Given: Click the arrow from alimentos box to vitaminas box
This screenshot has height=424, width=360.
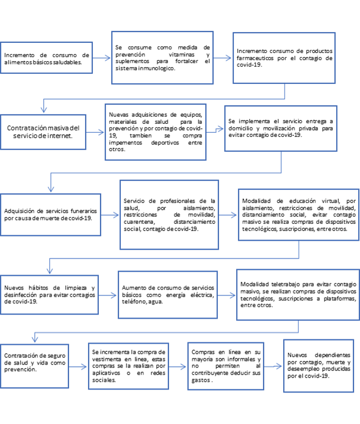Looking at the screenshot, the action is [102, 58].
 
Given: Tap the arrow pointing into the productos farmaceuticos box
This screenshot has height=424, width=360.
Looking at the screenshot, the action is [223, 58].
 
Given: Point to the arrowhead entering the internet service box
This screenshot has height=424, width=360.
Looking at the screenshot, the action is [44, 110].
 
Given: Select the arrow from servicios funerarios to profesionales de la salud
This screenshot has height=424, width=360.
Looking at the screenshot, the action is [110, 215].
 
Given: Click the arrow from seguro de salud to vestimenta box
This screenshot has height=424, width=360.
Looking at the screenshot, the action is [78, 367].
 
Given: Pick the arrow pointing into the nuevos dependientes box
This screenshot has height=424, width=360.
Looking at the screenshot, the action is [273, 366].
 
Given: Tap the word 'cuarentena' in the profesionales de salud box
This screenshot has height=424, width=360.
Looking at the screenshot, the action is [139, 222].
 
